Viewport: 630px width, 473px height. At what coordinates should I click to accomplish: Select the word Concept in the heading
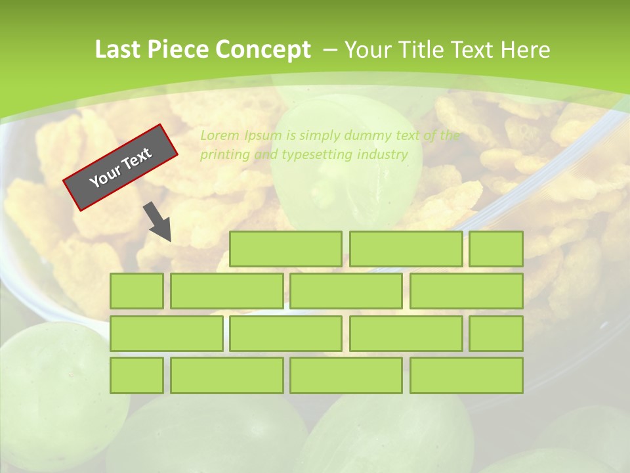[263, 50]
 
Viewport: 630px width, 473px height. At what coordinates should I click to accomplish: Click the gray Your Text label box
[121, 168]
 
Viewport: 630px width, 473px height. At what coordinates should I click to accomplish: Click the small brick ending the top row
[496, 249]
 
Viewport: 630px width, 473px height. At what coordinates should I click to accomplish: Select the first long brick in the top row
[285, 249]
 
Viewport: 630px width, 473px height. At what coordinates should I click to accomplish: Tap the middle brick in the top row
[406, 249]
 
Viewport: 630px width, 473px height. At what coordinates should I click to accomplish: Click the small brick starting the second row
[136, 291]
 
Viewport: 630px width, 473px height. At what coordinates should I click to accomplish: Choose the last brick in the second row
[467, 291]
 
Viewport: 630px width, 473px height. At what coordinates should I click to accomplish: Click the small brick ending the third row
[496, 334]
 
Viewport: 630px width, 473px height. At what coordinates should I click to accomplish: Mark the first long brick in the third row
[166, 334]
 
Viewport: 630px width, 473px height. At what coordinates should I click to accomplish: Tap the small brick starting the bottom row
[136, 376]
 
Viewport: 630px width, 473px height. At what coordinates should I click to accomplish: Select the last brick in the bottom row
[467, 376]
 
